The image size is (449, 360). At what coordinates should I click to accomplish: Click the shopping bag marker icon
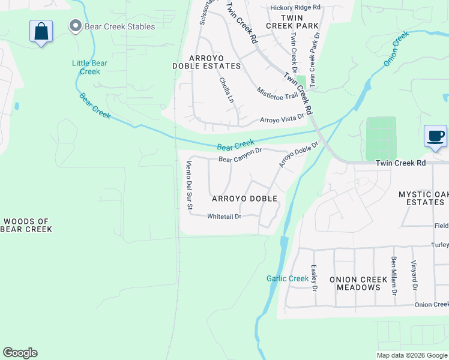(41, 31)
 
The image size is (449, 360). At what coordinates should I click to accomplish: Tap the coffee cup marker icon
(435, 135)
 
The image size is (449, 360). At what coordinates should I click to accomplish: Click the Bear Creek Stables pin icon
(75, 26)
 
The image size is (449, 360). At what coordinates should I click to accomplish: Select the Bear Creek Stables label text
(119, 26)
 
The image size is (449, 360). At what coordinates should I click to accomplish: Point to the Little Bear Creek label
(89, 67)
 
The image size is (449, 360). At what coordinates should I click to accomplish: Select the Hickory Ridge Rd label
(295, 7)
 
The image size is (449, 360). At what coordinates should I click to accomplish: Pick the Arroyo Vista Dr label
(282, 119)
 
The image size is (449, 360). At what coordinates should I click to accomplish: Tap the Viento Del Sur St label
(188, 185)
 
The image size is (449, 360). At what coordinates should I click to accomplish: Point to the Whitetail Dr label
(224, 216)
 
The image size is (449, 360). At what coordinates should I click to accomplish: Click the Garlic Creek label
(288, 278)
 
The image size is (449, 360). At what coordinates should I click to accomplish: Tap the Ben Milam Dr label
(394, 276)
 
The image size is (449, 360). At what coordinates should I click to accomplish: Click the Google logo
(20, 353)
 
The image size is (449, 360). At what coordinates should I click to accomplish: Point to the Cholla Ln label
(226, 89)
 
